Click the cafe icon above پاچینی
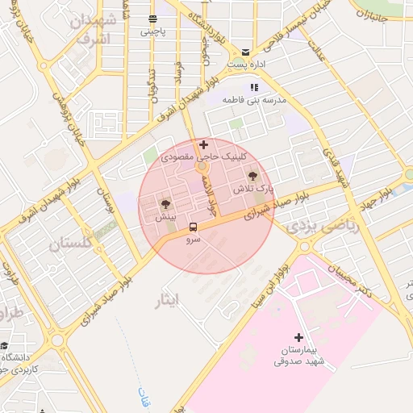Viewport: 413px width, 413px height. (x=152, y=19)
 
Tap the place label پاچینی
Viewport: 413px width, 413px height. (x=152, y=32)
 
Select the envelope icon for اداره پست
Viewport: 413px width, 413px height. (x=245, y=51)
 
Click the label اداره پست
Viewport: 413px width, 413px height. (x=245, y=64)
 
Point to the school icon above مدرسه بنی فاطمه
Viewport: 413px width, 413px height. (x=254, y=87)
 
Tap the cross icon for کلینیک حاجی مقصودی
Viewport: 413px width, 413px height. (x=202, y=144)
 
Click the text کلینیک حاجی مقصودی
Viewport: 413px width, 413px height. (x=199, y=158)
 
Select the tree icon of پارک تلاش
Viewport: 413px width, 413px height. (x=253, y=174)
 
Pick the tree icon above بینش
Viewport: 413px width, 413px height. (x=166, y=204)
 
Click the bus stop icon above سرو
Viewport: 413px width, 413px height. (x=193, y=227)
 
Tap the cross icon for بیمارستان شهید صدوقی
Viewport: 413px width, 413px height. (x=298, y=337)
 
